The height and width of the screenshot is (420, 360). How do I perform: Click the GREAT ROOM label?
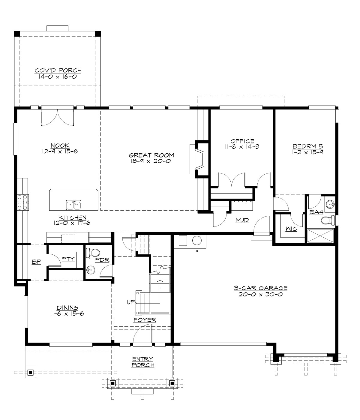151,155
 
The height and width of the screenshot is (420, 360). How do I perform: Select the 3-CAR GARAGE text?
260,288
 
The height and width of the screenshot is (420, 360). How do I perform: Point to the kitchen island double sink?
73,205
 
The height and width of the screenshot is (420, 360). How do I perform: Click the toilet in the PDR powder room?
90,253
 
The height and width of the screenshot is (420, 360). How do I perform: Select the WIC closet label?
291,229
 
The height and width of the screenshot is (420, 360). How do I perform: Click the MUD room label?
242,220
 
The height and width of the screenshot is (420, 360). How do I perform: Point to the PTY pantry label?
69,259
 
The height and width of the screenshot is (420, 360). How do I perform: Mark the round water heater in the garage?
197,241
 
